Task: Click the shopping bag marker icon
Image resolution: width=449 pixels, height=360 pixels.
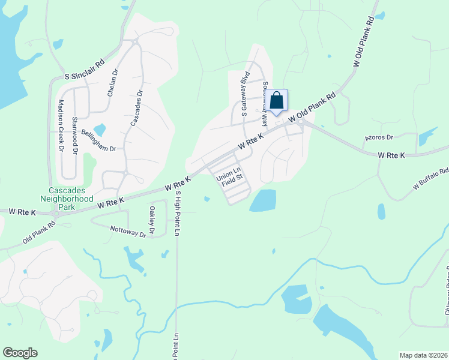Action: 277,101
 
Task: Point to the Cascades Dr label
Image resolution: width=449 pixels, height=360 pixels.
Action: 136,108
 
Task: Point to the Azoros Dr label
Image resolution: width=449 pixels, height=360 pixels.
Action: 378,137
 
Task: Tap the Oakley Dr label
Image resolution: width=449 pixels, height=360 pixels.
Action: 152,220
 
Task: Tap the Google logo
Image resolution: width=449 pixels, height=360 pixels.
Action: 20,353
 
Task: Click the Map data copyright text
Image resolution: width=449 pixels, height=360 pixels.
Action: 423,355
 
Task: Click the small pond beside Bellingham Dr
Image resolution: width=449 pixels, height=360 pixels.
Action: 100,130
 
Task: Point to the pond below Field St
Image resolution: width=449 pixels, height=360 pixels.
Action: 263,201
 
